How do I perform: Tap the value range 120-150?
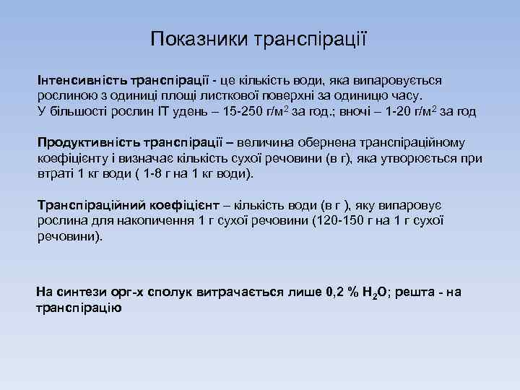click(x=341, y=220)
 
